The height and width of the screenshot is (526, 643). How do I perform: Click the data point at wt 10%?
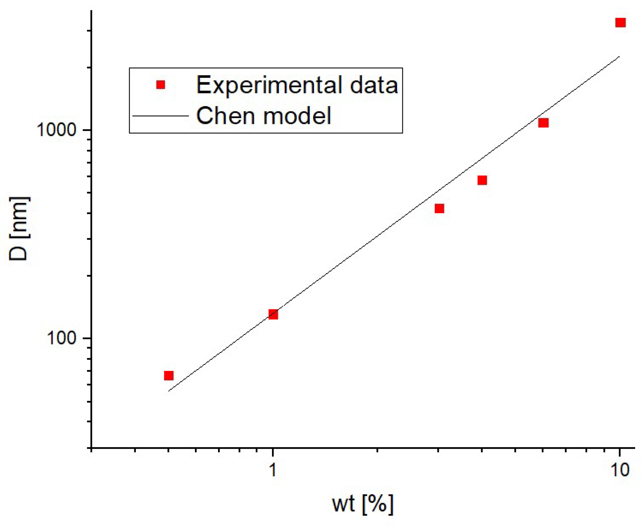pyautogui.click(x=620, y=23)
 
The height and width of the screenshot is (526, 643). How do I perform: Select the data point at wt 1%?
pyautogui.click(x=273, y=314)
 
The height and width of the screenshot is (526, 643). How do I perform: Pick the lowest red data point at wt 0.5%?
pyautogui.click(x=169, y=376)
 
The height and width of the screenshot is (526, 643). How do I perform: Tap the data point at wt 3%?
pyautogui.click(x=439, y=209)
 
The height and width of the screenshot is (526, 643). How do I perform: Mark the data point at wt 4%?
pyautogui.click(x=482, y=180)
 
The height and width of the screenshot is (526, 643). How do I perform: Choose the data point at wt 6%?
pyautogui.click(x=543, y=123)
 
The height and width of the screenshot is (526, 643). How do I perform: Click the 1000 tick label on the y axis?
pyautogui.click(x=56, y=130)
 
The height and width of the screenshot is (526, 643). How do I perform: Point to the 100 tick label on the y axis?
pyautogui.click(x=61, y=338)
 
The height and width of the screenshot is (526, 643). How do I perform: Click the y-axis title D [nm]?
pyautogui.click(x=19, y=228)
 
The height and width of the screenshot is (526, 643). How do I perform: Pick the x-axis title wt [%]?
pyautogui.click(x=362, y=505)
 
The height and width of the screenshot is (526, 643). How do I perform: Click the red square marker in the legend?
pyautogui.click(x=161, y=85)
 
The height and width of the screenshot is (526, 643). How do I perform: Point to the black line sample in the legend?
pyautogui.click(x=160, y=116)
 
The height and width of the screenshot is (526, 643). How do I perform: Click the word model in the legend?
pyautogui.click(x=297, y=116)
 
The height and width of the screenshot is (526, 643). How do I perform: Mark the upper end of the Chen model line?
pyautogui.click(x=619, y=57)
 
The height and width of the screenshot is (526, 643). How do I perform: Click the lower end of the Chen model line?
pyautogui.click(x=169, y=391)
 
